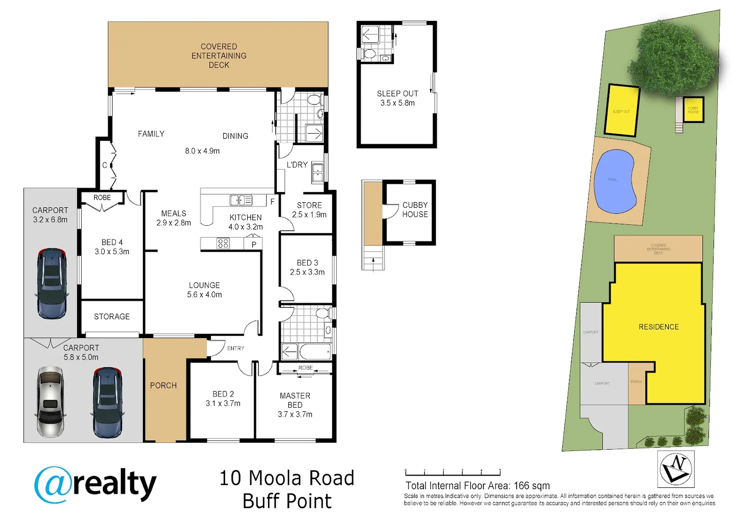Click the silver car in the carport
50,401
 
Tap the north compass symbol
676,469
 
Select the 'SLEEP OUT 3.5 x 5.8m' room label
397,98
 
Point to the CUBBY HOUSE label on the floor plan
415,210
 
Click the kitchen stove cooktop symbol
223,244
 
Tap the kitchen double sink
241,200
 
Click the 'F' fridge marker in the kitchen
272,202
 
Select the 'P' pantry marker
254,245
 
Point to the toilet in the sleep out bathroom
369,53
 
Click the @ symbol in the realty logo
53,484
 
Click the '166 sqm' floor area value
531,486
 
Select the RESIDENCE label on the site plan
658,327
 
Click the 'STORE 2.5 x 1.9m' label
309,210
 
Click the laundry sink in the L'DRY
317,172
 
